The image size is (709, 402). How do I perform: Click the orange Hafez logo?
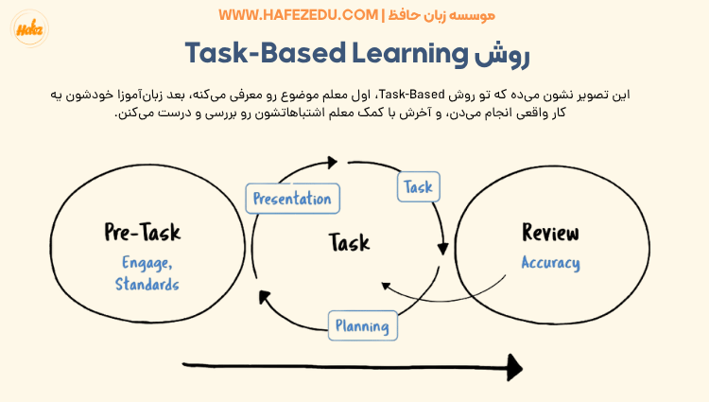(x=30, y=28)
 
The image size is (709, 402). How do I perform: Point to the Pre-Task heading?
(x=142, y=233)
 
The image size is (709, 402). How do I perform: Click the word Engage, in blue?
(x=147, y=263)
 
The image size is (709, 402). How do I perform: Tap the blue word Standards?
(x=147, y=284)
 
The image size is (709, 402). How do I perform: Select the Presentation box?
(x=292, y=199)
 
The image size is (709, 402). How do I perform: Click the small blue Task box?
(x=417, y=187)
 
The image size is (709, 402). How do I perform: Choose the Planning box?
(x=363, y=326)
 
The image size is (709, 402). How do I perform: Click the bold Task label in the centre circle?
(x=349, y=243)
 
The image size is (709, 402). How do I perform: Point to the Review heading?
(x=550, y=234)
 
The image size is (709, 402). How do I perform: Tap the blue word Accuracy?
(x=550, y=263)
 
